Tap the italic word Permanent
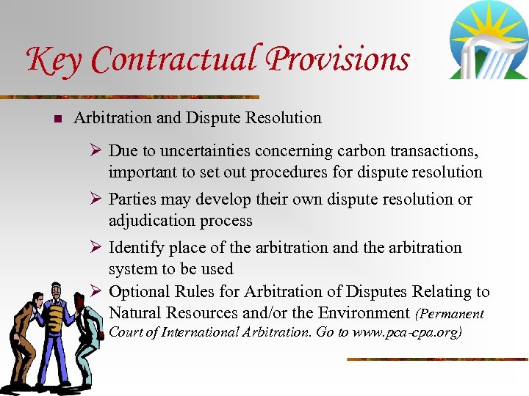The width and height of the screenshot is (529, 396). click(452, 314)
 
